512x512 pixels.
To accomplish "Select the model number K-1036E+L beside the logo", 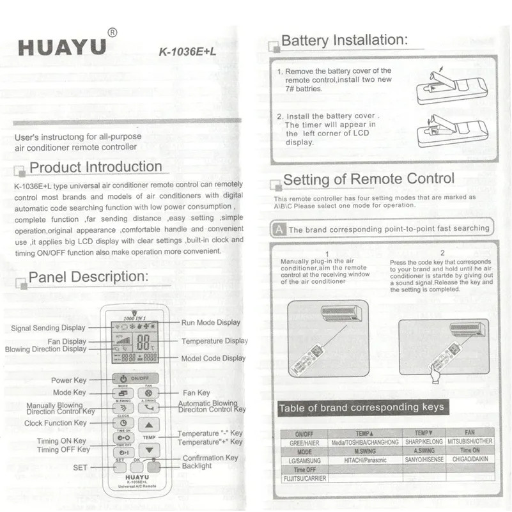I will [187, 54].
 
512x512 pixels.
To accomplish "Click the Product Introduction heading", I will [96, 167].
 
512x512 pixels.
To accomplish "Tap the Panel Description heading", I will [89, 277].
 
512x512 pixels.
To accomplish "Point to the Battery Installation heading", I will [344, 40].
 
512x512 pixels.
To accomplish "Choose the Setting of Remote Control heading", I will [369, 179].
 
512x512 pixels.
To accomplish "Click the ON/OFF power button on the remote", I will [136, 378].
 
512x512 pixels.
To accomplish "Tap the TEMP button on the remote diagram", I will [149, 438].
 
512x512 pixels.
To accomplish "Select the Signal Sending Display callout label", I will [48, 329].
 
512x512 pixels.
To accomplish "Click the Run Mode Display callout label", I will [211, 323].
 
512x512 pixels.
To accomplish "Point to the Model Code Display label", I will [213, 359].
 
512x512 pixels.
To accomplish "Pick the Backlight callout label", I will [197, 466].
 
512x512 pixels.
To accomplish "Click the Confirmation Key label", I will [210, 458].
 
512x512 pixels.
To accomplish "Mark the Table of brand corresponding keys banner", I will [361, 407].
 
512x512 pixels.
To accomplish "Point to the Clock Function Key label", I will [56, 423].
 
